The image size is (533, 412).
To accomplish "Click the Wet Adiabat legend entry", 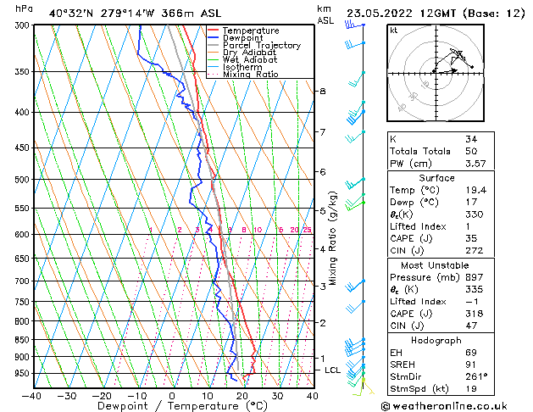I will tap(250, 59).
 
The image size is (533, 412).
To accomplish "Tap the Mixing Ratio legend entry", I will tap(250, 75).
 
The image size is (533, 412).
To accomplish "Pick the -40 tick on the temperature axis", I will tap(32, 395).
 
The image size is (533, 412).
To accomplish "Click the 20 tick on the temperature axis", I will tap(242, 395).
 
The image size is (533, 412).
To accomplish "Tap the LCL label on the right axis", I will tap(333, 370).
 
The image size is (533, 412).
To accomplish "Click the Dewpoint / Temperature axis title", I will tap(172, 406).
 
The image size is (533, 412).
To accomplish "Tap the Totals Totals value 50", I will tap(472, 151).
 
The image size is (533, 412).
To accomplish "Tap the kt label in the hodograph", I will tap(393, 30).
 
